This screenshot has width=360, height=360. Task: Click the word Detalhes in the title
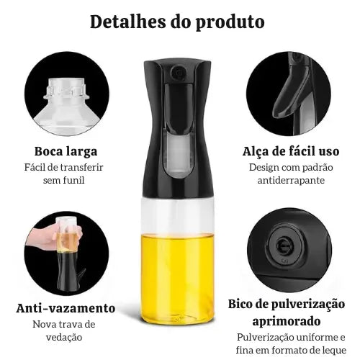[x=127, y=22]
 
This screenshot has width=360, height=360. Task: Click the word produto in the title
[x=230, y=23]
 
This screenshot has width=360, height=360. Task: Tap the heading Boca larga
[x=66, y=151]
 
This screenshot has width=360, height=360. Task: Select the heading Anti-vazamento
[x=66, y=308]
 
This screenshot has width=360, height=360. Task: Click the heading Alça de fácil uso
[x=291, y=152]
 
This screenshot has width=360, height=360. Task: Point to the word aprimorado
[x=287, y=321]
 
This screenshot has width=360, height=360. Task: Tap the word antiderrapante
[x=291, y=181]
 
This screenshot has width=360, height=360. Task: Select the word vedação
[x=64, y=338]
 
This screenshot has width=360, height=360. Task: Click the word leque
[x=335, y=351]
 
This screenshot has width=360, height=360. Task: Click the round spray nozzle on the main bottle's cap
[x=178, y=72]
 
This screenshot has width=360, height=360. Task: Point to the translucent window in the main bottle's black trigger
[x=178, y=152]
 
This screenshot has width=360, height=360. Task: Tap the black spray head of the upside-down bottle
[x=68, y=271]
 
